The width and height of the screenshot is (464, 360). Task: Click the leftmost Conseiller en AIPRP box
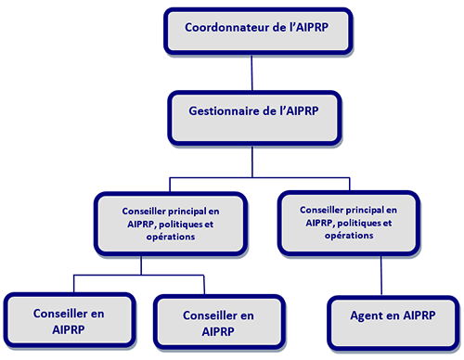69,321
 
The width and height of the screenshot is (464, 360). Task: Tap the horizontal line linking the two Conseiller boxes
139,276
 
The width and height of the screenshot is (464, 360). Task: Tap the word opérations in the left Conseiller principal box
170,237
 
